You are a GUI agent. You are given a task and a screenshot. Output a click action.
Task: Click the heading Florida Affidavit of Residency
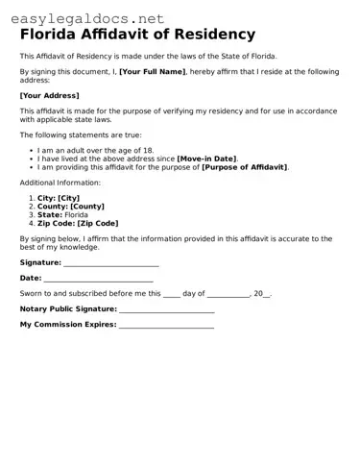[x=137, y=36]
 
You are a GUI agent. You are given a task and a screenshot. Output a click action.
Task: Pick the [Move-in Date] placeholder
[x=206, y=159]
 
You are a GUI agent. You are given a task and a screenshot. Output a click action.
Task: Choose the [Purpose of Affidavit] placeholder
[x=244, y=166]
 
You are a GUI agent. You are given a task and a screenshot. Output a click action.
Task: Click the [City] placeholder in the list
[x=75, y=198]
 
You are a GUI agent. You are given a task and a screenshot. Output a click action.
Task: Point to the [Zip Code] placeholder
[x=97, y=223]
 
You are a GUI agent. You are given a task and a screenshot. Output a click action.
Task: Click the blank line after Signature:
[x=110, y=262]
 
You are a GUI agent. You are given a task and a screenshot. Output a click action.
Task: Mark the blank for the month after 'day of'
[x=228, y=294]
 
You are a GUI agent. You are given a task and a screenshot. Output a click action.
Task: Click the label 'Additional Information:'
[x=60, y=183]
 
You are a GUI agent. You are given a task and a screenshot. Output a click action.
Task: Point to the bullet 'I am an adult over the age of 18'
[x=96, y=151]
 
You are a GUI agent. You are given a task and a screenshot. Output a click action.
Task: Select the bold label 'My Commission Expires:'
[x=67, y=325]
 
